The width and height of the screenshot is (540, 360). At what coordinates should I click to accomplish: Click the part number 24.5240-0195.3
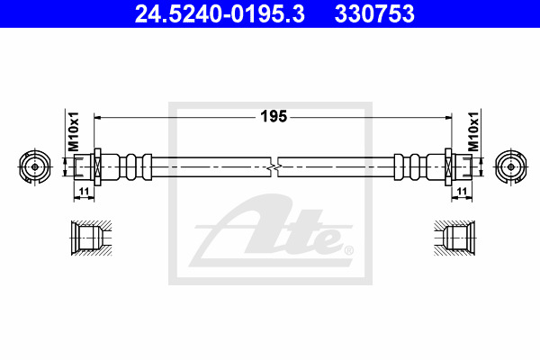pos(220,14)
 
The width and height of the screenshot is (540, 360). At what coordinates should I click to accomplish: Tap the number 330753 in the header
pos(374,14)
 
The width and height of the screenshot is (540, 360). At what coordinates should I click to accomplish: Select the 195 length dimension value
pos(274,116)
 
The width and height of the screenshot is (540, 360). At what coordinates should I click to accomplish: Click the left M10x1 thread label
pos(74,131)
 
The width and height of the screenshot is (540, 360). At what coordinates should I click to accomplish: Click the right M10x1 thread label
pos(473,131)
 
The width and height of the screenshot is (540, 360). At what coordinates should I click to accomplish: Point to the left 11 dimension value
pos(84,191)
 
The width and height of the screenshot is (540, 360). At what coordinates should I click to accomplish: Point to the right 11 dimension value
pos(462,191)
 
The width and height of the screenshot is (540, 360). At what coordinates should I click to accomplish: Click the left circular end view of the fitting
pos(35,167)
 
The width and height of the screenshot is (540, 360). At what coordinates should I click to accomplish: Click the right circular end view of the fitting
pos(511,167)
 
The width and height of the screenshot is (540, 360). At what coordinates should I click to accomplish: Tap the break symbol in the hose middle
pos(274,167)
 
